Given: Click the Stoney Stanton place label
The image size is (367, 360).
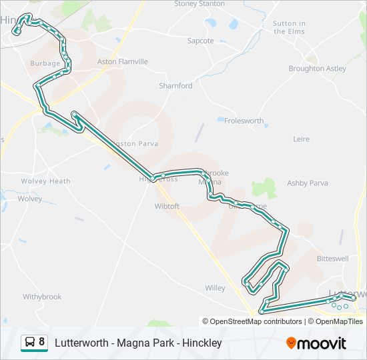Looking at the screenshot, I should [x=200, y=4].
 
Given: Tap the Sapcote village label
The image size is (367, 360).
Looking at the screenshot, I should [x=200, y=41].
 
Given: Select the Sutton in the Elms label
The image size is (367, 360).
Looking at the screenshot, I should [x=289, y=27].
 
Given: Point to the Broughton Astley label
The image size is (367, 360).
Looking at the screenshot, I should [x=317, y=69].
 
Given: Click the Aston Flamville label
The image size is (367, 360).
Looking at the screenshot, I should [x=123, y=61].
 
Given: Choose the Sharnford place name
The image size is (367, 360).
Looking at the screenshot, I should [x=175, y=86].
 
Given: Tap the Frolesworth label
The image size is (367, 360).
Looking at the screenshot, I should [x=244, y=121].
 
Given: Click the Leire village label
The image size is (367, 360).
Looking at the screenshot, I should [x=302, y=139].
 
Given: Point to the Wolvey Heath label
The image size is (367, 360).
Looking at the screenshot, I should [x=45, y=181].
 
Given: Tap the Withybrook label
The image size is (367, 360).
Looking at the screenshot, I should [x=42, y=297].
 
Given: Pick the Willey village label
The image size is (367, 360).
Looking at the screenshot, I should [x=215, y=288].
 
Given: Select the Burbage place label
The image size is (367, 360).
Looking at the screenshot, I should [x=45, y=64].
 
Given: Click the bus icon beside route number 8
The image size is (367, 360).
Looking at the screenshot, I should [x=30, y=343].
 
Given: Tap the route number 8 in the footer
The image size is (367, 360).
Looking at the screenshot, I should [x=42, y=343].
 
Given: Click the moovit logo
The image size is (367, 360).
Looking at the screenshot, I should [x=316, y=343].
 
